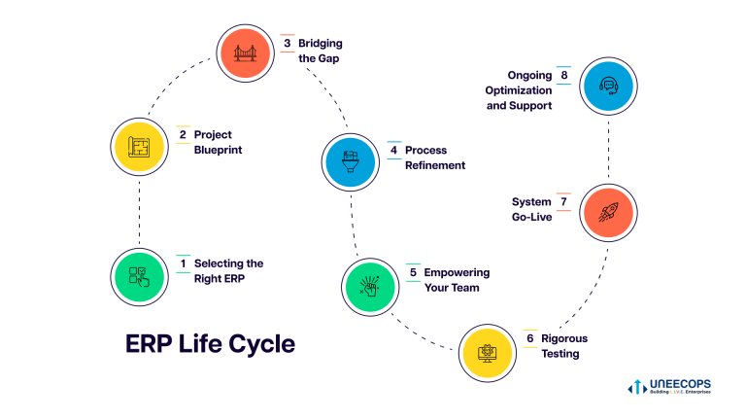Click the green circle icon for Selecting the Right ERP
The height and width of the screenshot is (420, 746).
point(139,276)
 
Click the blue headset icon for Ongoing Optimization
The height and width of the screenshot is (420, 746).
point(608,87)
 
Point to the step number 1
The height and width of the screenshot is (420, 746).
point(183,263)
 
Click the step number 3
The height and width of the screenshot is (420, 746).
point(288,44)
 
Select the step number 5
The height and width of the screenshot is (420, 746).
point(414,272)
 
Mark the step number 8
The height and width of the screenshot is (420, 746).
point(563,75)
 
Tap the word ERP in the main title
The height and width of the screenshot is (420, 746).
point(148,344)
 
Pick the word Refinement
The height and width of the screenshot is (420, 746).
point(435,165)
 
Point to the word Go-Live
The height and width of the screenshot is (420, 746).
point(532,217)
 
